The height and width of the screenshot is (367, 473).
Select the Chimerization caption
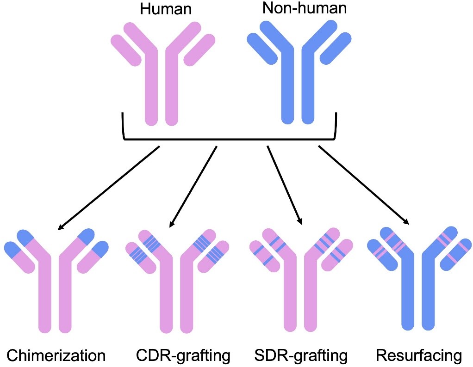[56, 355]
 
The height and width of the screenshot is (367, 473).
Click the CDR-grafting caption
[183, 355]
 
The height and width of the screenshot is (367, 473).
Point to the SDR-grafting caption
[301, 355]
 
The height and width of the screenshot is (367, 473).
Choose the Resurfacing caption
[419, 355]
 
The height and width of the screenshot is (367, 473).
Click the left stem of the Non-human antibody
[288, 88]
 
